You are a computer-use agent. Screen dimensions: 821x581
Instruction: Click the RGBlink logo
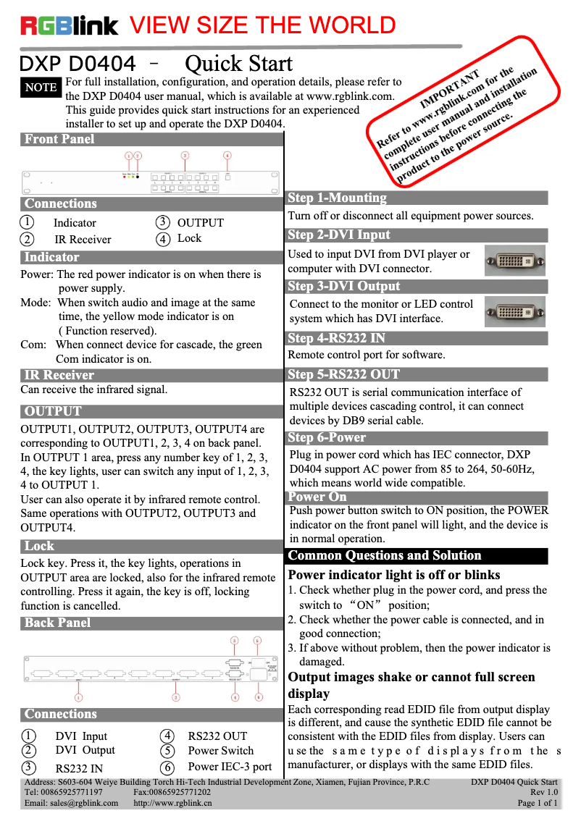(70, 27)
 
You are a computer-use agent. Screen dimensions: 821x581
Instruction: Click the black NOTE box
(41, 88)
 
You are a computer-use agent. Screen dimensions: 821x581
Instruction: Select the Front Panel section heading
(59, 139)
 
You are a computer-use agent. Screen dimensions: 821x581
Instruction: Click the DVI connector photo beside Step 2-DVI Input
(514, 261)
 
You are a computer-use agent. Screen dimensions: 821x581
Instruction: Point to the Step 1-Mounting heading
(338, 198)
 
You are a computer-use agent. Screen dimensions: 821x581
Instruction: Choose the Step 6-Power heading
(327, 437)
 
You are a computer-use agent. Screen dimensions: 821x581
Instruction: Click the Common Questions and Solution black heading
(385, 555)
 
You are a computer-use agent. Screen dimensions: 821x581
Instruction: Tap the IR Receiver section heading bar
(59, 374)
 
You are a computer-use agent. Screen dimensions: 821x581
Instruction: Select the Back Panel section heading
(58, 623)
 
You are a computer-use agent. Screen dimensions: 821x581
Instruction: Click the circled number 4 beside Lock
(163, 239)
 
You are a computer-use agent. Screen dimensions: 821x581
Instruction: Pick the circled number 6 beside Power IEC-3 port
(167, 767)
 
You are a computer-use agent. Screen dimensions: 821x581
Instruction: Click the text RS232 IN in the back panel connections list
(79, 768)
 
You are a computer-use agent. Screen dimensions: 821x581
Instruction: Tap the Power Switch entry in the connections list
(220, 751)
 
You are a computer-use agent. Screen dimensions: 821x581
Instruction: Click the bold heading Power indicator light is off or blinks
(394, 575)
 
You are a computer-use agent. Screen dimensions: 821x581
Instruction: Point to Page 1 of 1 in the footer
(537, 803)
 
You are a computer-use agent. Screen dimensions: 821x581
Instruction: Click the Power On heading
(317, 497)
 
